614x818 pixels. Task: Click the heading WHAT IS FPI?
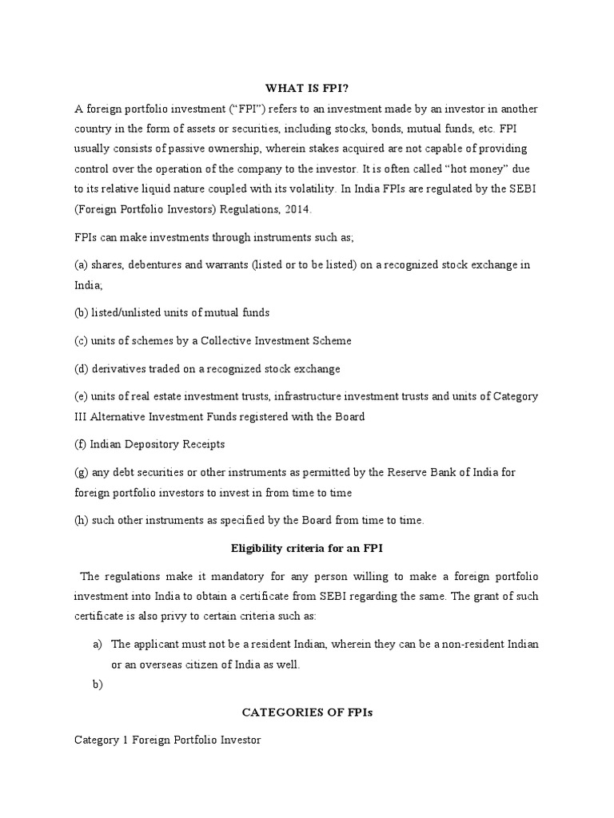[x=307, y=88]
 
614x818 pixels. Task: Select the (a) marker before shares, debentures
[x=82, y=264]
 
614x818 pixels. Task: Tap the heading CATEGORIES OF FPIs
[x=307, y=713]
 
